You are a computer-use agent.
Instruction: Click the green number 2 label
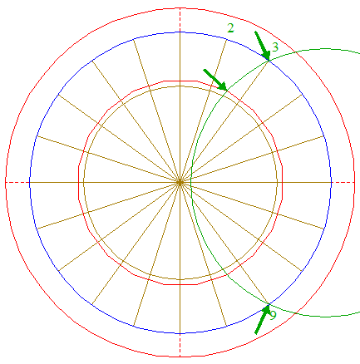(230, 28)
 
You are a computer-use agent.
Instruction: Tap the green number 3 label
(274, 47)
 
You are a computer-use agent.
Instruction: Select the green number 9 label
(273, 315)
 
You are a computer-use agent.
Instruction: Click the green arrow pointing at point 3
(262, 46)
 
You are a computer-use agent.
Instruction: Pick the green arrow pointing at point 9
(262, 318)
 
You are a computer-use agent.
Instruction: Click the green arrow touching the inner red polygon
(215, 80)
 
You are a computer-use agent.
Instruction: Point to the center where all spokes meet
(180, 182)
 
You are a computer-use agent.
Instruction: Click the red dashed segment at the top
(180, 20)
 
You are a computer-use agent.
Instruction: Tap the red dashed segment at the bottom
(180, 345)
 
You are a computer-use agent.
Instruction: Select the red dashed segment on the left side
(17, 182)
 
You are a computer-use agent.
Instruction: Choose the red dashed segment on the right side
(343, 182)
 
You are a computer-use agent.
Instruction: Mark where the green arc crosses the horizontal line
(191, 182)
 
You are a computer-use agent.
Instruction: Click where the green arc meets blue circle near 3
(269, 61)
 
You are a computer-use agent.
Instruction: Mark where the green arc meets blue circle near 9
(269, 304)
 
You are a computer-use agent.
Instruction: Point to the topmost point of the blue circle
(180, 32)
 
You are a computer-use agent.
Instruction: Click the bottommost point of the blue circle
(180, 333)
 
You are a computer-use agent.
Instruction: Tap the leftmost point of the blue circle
(29, 182)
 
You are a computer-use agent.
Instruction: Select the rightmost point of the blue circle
(332, 182)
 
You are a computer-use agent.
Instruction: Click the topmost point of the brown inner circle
(180, 86)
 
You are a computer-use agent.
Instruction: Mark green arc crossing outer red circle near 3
(294, 52)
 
